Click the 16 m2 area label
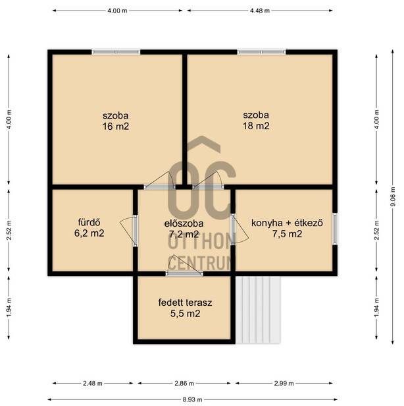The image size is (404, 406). coord(116,127)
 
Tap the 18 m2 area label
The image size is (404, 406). coord(256,126)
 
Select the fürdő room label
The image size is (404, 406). coord(89,222)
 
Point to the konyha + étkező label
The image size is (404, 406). coord(287,223)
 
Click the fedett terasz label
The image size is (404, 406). coord(185,303)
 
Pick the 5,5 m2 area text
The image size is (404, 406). coord(185,314)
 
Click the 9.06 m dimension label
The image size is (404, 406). coord(393,196)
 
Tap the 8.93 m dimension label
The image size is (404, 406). coord(193,400)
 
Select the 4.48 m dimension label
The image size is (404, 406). coord(260,11)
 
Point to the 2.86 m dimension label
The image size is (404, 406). coord(184,383)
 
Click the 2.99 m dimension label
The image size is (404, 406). coord(284,383)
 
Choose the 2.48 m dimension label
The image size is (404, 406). coord(93,383)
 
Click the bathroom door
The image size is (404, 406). coord(129,231)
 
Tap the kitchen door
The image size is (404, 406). coord(239,229)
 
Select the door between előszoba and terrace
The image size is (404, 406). coord(184,266)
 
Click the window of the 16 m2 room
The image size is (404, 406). coord(116,52)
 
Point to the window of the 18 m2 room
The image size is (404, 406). coord(261,52)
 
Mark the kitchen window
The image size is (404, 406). coord(335,229)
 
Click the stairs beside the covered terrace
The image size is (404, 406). coord(258,310)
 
